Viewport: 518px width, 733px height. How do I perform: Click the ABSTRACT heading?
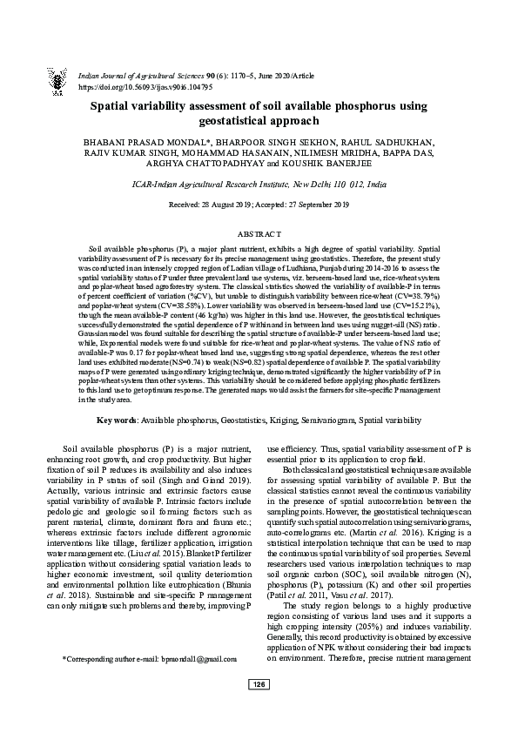[x=259, y=235]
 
